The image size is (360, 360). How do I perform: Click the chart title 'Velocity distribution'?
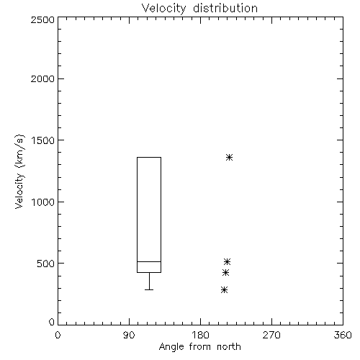click(199, 9)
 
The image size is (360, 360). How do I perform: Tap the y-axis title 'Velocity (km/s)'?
click(19, 171)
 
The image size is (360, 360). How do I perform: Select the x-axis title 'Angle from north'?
click(199, 347)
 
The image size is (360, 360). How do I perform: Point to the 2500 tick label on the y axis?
click(42, 19)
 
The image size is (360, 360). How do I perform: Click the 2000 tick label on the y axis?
click(42, 78)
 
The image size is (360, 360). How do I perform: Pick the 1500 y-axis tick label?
click(43, 140)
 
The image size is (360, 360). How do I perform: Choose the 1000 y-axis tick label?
click(43, 202)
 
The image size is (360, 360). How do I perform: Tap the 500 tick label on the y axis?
click(46, 264)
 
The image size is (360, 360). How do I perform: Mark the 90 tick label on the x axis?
click(129, 336)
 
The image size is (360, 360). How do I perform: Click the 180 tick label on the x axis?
click(200, 336)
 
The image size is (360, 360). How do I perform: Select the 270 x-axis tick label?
click(271, 336)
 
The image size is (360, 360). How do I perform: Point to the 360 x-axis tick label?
click(343, 336)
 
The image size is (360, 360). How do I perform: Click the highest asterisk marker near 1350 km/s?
click(229, 158)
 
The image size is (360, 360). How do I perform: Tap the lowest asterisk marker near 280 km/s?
click(224, 290)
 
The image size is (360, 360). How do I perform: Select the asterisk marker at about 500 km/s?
click(227, 261)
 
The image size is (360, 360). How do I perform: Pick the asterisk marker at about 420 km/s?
click(225, 273)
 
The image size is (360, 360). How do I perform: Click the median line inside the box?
click(149, 261)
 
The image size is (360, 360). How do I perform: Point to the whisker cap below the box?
click(149, 290)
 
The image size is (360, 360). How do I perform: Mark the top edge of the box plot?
click(149, 158)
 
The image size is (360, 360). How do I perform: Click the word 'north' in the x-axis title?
click(229, 347)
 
